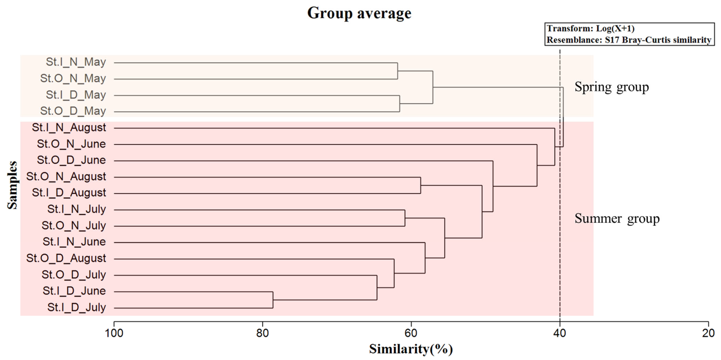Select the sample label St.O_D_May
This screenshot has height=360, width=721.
pyautogui.click(x=73, y=111)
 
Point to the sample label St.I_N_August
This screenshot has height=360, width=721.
pyautogui.click(x=69, y=128)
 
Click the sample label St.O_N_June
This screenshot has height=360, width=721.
pyautogui.click(x=71, y=144)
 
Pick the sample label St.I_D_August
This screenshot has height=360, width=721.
pyautogui.click(x=69, y=193)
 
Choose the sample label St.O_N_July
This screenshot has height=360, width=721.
pyautogui.click(x=74, y=225)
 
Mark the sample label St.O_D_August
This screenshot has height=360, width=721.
pyautogui.click(x=66, y=258)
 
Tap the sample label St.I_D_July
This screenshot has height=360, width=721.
pyautogui.click(x=76, y=307)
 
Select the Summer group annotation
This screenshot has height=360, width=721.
pyautogui.click(x=617, y=218)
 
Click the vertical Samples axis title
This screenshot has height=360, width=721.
pyautogui.click(x=12, y=185)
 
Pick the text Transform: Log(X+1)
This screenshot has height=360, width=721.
pyautogui.click(x=591, y=29)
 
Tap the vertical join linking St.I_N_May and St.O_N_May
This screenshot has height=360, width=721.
pyautogui.click(x=397, y=71)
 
